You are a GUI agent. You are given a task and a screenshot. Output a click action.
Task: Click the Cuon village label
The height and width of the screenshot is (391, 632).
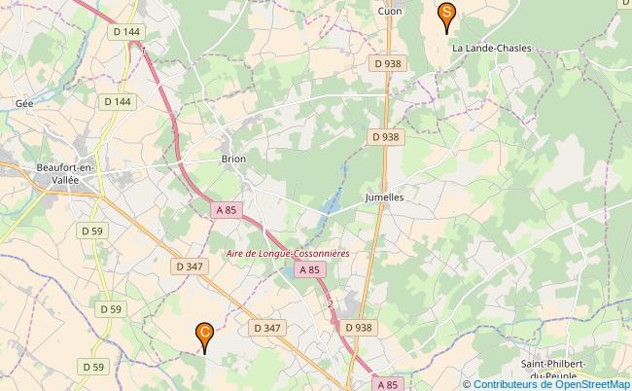(389, 11)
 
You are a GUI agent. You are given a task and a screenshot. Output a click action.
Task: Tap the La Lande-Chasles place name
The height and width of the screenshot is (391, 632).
(491, 48)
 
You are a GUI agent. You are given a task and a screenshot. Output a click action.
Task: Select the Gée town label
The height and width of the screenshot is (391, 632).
(24, 103)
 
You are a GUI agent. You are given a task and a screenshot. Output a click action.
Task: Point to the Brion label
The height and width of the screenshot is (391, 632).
(233, 159)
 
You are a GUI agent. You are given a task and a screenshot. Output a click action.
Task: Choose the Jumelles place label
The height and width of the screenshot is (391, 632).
(384, 196)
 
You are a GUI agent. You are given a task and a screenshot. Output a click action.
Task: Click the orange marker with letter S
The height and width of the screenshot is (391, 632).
(446, 14)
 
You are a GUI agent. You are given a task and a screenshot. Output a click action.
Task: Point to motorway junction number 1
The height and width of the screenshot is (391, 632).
(143, 49)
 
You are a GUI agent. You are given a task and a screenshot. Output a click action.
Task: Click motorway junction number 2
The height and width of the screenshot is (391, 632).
(331, 304)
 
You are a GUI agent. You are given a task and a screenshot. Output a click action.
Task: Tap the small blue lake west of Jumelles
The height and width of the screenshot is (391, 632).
(332, 204)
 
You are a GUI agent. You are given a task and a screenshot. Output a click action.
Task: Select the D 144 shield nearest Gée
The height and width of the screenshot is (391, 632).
(117, 100)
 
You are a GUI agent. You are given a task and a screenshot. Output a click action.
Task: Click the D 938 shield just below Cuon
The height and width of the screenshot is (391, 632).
(387, 63)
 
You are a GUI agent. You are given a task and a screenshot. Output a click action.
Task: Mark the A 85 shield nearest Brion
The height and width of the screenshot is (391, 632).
(226, 210)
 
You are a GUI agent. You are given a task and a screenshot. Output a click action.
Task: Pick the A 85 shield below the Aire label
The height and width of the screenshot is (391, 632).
(309, 270)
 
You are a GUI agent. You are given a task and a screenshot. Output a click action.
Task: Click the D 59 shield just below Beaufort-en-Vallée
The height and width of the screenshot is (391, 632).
(92, 231)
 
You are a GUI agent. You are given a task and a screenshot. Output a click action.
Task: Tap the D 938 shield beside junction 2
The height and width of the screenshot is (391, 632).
(358, 329)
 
